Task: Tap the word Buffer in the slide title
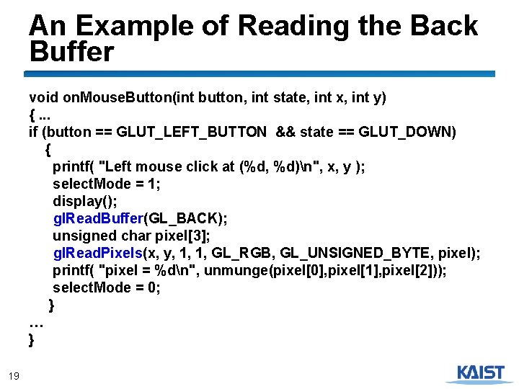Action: click(x=71, y=53)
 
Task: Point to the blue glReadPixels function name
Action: click(x=98, y=253)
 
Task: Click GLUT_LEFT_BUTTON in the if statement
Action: click(x=191, y=132)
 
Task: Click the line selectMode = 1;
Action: click(x=106, y=184)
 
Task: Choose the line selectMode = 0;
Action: click(x=106, y=287)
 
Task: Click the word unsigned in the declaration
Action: click(x=80, y=236)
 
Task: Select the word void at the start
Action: click(x=42, y=97)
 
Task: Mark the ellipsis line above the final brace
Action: click(x=37, y=323)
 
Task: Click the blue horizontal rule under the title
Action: click(x=259, y=73)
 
